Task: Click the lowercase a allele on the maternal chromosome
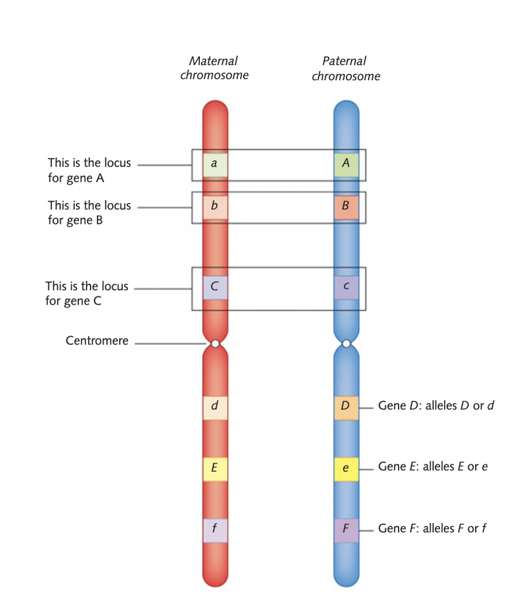pos(215,164)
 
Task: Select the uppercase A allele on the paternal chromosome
pos(346,164)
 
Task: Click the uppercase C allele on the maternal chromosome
pos(215,287)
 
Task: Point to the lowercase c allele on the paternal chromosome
pos(346,287)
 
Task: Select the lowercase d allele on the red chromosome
pos(215,407)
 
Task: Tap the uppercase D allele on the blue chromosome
pos(346,407)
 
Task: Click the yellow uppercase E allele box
pos(215,468)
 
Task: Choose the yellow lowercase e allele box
pos(346,468)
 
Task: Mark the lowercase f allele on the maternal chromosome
pos(215,529)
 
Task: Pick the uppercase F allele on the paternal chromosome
pos(346,529)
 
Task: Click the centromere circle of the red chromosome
pos(215,344)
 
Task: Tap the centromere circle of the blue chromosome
pos(346,344)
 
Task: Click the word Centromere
pos(97,341)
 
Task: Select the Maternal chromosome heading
pos(214,68)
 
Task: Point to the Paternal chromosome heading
pos(346,68)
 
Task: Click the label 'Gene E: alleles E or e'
pos(433,467)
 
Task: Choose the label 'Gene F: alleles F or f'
pos(432,528)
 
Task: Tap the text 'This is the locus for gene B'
pos(89,212)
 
